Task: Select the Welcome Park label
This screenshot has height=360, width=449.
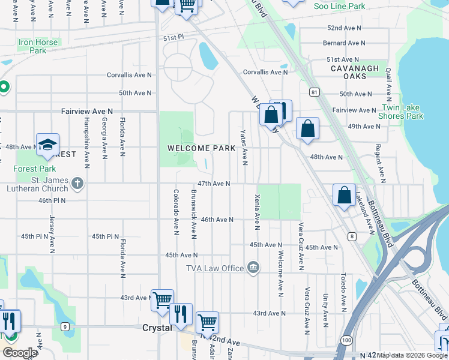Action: [197, 148]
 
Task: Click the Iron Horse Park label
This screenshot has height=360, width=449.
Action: [38, 46]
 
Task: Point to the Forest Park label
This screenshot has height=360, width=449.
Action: [35, 169]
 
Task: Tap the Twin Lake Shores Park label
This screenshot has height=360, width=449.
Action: [402, 112]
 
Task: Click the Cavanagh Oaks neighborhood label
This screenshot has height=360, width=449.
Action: [355, 73]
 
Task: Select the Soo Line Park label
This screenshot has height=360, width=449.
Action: [339, 6]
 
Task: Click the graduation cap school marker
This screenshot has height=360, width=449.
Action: [47, 145]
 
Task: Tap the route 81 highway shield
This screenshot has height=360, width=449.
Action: [314, 92]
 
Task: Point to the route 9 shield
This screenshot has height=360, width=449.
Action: [64, 326]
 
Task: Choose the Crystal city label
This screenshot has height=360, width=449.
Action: [157, 328]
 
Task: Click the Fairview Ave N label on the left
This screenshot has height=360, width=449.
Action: [86, 112]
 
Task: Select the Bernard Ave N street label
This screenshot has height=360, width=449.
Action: [343, 43]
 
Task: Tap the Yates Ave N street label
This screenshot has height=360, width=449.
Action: [244, 147]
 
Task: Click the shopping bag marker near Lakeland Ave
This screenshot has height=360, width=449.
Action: [345, 196]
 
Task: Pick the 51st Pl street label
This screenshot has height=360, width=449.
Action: [172, 38]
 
